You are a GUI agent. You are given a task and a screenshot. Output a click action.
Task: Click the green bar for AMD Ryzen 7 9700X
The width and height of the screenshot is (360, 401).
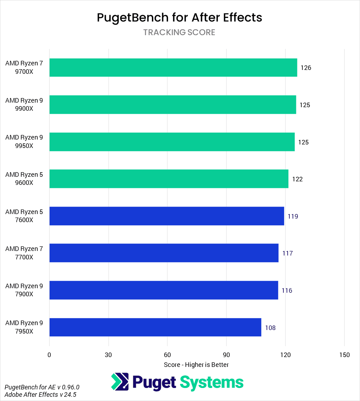point(173,67)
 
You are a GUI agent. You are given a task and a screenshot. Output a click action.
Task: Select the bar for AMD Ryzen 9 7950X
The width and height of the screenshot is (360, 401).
point(155,327)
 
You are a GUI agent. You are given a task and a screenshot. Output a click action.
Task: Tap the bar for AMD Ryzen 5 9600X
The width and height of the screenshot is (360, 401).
point(169,179)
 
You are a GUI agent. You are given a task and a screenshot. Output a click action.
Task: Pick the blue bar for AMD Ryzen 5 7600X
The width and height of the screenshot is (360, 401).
point(167,216)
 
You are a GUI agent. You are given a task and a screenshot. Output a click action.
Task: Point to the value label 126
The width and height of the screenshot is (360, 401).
point(306,68)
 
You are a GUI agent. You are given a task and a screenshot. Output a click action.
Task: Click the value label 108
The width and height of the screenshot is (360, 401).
point(270,328)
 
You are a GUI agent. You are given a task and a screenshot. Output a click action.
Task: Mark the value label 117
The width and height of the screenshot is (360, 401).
point(287,253)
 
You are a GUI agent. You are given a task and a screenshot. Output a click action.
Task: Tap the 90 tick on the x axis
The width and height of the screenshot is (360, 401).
point(226,355)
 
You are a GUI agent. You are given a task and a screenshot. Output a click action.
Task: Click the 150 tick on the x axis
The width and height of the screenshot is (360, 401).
point(345,355)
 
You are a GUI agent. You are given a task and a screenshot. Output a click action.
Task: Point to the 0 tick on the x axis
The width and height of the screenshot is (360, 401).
point(49,355)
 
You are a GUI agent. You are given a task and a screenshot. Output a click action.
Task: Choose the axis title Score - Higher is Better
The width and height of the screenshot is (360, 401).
point(196,365)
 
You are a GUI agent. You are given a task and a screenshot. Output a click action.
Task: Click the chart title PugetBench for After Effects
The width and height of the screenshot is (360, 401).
point(179,18)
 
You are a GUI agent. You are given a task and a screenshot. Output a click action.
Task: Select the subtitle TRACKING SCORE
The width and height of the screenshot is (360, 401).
point(179,32)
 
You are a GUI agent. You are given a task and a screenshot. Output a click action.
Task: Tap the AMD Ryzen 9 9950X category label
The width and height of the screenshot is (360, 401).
point(24,142)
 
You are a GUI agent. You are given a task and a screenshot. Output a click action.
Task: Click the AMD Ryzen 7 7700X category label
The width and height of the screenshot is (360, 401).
point(24,253)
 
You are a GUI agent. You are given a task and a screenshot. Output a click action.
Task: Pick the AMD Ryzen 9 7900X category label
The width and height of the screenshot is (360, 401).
point(24,290)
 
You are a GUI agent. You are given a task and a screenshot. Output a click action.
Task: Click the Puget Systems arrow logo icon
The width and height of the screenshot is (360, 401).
point(120,382)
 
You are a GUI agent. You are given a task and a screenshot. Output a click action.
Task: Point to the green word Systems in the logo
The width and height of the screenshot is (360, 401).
point(212,382)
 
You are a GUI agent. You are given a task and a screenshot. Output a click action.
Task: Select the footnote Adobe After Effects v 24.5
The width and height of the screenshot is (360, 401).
point(40,394)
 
